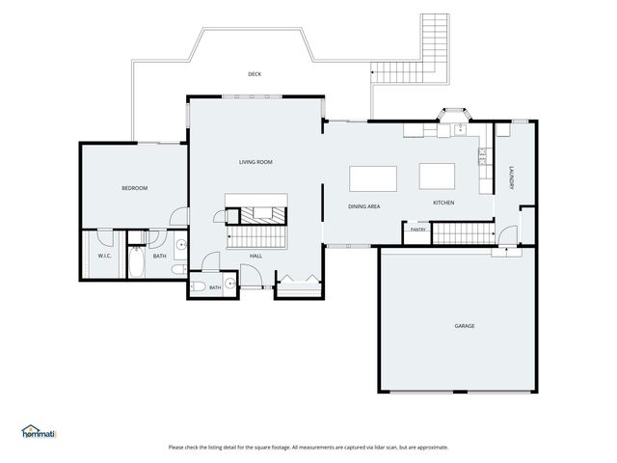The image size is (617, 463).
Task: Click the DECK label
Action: [255, 74]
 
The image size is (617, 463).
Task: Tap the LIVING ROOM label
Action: [255, 162]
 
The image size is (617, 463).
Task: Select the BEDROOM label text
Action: [135, 188]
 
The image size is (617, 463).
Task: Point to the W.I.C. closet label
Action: [105, 256]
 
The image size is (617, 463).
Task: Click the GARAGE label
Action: [465, 326]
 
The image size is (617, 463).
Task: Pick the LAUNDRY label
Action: [512, 178]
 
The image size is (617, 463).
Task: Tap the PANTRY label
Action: [417, 230]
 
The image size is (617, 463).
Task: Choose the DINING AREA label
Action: [364, 206]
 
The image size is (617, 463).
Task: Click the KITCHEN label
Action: [443, 203]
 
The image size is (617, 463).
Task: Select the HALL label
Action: [255, 256]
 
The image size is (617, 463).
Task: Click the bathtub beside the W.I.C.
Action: [137, 261]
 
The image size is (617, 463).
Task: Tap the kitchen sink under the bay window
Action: [460, 129]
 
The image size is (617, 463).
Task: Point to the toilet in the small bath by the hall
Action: [199, 286]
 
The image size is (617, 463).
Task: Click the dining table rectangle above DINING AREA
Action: [373, 178]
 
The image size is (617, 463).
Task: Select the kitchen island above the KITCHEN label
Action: [437, 177]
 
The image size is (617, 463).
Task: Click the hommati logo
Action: [39, 431]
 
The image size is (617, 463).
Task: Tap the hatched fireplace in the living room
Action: [262, 215]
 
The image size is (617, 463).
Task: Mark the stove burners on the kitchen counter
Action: [482, 156]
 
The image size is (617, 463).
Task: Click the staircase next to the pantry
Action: [464, 233]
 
